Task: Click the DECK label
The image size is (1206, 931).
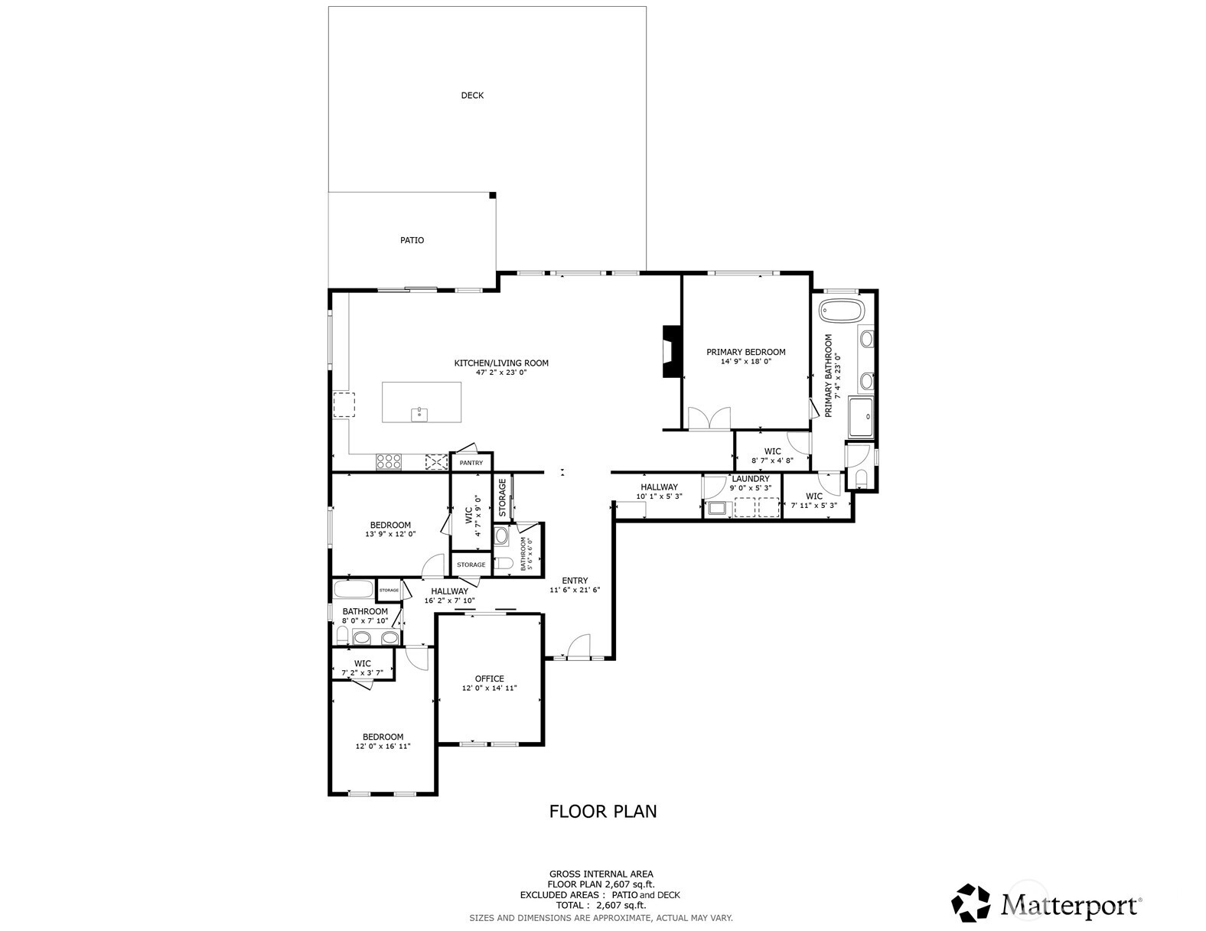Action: click(472, 96)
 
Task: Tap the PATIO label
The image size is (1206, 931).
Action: click(412, 240)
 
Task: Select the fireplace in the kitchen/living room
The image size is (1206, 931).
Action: click(672, 352)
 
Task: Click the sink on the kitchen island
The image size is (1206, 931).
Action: click(419, 414)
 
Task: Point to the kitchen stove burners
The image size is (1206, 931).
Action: click(389, 461)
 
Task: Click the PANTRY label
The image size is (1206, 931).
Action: click(471, 463)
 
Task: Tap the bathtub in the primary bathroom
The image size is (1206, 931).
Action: click(842, 311)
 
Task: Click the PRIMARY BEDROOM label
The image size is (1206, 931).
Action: click(746, 352)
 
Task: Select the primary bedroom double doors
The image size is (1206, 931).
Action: click(709, 418)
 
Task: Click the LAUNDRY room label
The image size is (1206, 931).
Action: click(751, 479)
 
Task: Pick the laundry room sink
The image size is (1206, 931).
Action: click(717, 508)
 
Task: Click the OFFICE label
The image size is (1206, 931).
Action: click(490, 679)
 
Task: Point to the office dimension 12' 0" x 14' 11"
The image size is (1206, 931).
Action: click(490, 688)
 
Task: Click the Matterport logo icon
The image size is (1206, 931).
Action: click(970, 903)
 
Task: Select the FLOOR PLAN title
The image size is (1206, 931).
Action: click(603, 812)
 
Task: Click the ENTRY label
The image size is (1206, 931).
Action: click(575, 581)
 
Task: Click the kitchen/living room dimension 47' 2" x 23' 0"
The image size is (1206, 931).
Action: click(501, 373)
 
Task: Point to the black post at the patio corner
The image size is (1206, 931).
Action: click(492, 195)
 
